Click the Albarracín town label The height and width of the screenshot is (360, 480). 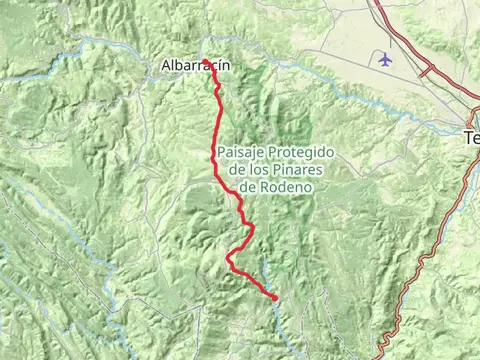(196, 66)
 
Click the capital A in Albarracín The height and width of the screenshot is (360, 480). (166, 66)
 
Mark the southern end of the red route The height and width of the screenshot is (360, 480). (275, 297)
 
